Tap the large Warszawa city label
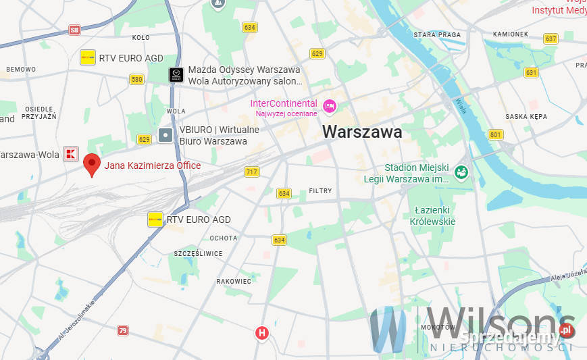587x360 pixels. point(362,132)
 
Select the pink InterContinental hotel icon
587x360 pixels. point(330,105)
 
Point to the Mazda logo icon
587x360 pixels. point(176,75)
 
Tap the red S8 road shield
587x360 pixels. point(74,30)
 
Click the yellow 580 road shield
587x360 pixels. point(137,79)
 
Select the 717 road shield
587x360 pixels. point(252,172)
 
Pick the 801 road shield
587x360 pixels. point(496,134)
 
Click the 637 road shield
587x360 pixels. point(551,38)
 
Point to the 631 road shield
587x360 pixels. point(531,72)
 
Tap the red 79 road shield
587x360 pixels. point(123,330)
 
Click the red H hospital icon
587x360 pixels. point(262,333)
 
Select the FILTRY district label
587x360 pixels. point(320,191)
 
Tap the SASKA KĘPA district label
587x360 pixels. point(526,116)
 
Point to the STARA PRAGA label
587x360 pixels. point(437,34)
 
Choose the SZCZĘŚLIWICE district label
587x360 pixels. point(199,254)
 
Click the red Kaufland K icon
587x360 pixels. point(71,154)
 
